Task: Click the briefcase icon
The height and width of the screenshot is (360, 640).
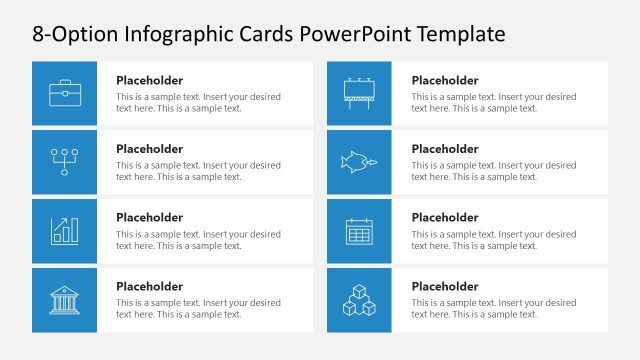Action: (x=64, y=93)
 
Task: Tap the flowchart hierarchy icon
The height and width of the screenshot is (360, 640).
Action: (x=64, y=162)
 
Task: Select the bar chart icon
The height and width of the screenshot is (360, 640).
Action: (x=64, y=231)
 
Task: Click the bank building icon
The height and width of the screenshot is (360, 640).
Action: (x=64, y=299)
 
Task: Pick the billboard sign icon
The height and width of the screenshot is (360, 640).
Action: (x=359, y=93)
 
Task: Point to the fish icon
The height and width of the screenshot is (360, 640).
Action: (x=359, y=161)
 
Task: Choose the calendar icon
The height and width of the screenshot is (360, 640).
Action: (x=359, y=231)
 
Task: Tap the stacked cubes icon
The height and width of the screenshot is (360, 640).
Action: (x=359, y=299)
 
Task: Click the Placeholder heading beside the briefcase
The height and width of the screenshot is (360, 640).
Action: (x=149, y=81)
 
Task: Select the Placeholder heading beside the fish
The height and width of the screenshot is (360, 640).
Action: (x=445, y=149)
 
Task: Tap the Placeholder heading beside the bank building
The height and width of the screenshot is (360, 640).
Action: (x=149, y=286)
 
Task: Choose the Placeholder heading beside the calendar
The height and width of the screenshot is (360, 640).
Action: (x=445, y=217)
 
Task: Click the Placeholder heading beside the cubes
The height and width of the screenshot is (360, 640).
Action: (x=445, y=286)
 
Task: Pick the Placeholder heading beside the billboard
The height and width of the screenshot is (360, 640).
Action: (x=445, y=81)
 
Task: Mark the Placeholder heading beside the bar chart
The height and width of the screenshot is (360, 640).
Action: (x=149, y=217)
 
